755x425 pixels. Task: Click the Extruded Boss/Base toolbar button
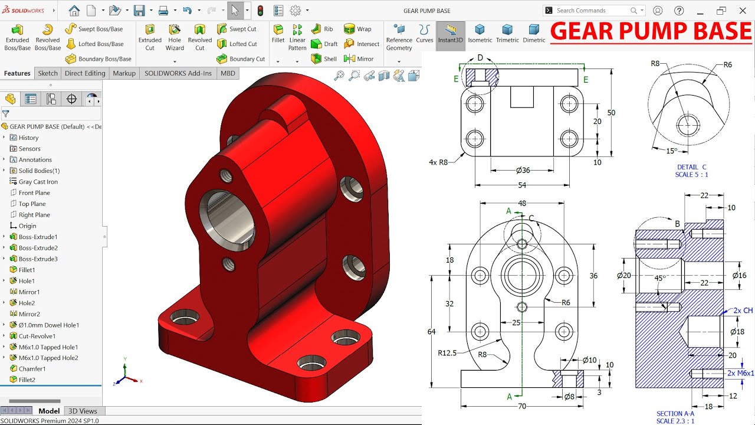(x=17, y=37)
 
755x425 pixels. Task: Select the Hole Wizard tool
(x=175, y=37)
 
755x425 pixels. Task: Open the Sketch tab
(x=48, y=73)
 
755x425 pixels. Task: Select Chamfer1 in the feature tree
(x=32, y=369)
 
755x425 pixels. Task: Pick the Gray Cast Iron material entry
(x=38, y=182)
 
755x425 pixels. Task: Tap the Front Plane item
(x=34, y=193)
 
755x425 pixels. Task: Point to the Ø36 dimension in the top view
(x=523, y=171)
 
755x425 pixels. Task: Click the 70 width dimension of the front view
(x=522, y=407)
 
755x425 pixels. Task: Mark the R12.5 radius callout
(x=447, y=353)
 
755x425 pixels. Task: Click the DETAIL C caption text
(x=692, y=167)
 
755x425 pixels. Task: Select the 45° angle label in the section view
(x=660, y=278)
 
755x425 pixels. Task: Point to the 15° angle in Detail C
(x=672, y=151)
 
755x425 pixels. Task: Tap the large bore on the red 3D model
(x=227, y=220)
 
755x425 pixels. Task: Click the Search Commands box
(x=593, y=11)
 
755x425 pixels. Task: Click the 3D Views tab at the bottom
(x=83, y=411)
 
